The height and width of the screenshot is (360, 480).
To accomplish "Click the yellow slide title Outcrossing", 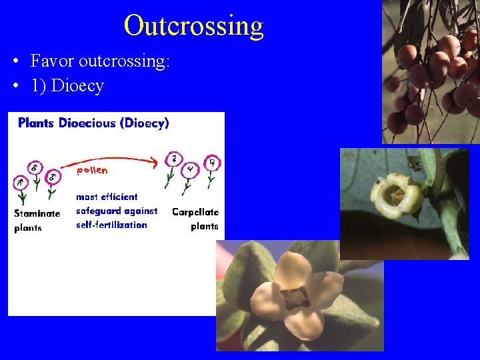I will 193,25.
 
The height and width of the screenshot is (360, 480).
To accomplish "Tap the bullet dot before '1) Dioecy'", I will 15,87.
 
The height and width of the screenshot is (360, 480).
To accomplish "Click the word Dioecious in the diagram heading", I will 87,123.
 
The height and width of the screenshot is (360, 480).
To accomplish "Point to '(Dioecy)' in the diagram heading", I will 144,123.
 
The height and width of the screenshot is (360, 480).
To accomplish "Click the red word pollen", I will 91,170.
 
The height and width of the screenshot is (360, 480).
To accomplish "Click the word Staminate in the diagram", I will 37,213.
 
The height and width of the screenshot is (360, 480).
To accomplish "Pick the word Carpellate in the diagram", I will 195,212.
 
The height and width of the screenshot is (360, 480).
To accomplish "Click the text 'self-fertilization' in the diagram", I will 111,225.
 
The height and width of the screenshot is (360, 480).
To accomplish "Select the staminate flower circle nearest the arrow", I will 54,177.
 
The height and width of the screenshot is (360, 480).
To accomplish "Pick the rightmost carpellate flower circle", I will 212,163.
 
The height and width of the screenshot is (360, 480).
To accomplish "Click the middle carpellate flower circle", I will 190,169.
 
